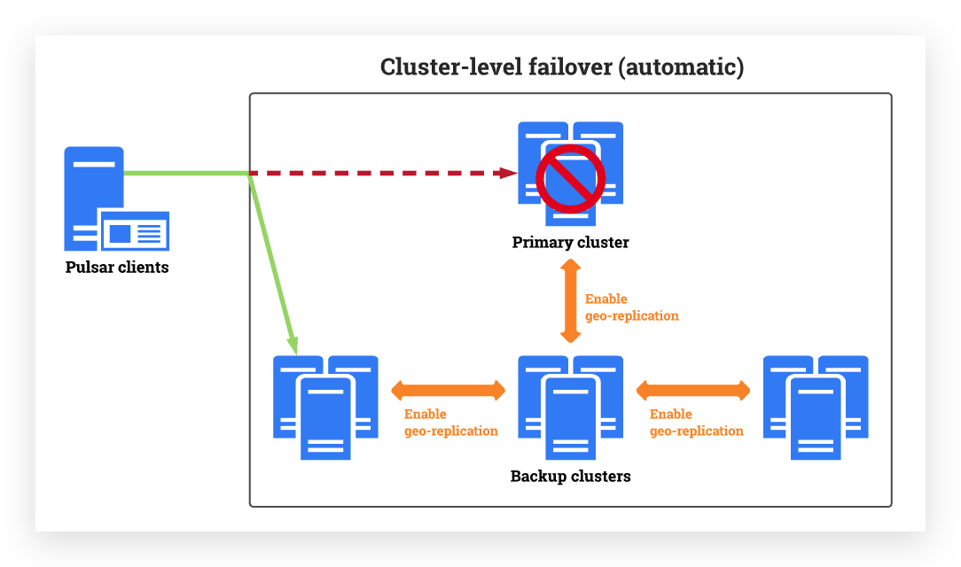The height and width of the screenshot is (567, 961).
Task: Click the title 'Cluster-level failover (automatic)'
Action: tap(561, 67)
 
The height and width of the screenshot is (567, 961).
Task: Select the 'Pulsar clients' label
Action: tap(117, 267)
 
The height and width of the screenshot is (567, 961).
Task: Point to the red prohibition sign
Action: tap(570, 179)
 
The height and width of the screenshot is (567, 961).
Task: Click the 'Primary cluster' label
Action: tap(570, 242)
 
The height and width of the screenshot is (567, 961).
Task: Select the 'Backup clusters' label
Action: tap(570, 476)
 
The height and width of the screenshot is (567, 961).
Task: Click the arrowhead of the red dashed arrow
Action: tap(508, 173)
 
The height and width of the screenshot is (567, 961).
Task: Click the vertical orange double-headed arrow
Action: tap(570, 301)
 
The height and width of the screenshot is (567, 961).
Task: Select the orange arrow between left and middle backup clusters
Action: tap(448, 389)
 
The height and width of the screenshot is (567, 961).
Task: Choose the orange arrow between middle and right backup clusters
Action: tap(693, 389)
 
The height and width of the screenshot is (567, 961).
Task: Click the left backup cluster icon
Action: tap(325, 407)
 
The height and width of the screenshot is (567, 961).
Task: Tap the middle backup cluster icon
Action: tap(570, 407)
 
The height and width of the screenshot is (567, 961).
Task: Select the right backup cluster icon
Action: tap(816, 407)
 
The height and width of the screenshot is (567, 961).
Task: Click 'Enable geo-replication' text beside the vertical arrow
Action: tap(631, 307)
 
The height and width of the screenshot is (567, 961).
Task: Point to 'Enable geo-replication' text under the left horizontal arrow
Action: tap(450, 423)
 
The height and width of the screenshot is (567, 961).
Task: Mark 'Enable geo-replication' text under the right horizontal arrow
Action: tap(696, 423)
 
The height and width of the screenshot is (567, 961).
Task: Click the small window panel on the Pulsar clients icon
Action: tap(135, 232)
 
